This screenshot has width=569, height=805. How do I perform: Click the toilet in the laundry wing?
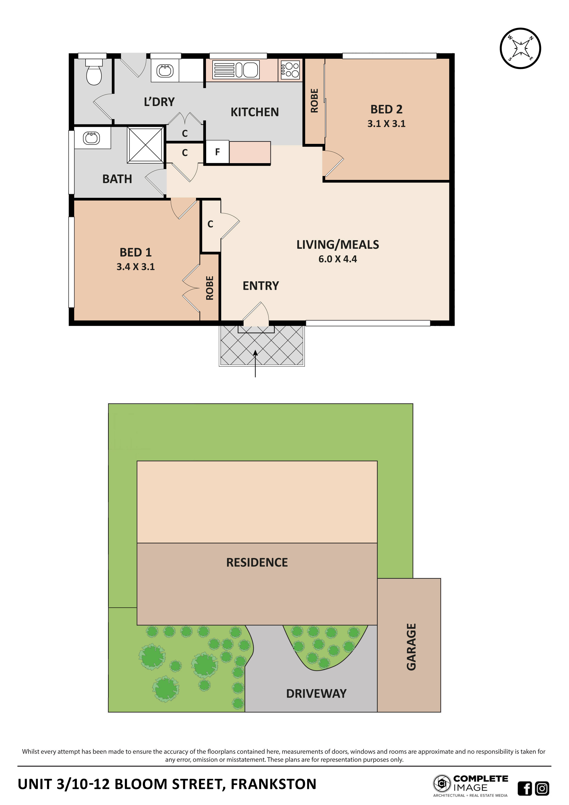click(94, 73)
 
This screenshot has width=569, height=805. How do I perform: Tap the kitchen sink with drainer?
click(236, 70)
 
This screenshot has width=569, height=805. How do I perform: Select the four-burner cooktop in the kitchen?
click(290, 70)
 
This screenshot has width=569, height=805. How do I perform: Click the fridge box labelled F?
click(217, 152)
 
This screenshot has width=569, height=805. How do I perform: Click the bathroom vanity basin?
click(92, 138)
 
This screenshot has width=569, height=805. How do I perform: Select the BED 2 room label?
click(386, 109)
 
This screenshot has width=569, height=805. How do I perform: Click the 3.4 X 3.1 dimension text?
click(136, 267)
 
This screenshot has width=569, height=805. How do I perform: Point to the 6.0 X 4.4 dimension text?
click(337, 259)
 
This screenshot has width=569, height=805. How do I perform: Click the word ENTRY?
click(261, 286)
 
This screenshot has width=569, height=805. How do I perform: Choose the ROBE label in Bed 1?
click(210, 288)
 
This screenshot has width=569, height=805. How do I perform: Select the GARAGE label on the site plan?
click(411, 647)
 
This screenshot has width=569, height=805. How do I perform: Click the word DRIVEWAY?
click(316, 693)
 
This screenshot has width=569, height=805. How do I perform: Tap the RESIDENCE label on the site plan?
click(257, 562)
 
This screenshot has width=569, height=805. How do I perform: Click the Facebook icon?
click(525, 788)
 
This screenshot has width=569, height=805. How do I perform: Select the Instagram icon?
click(542, 788)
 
